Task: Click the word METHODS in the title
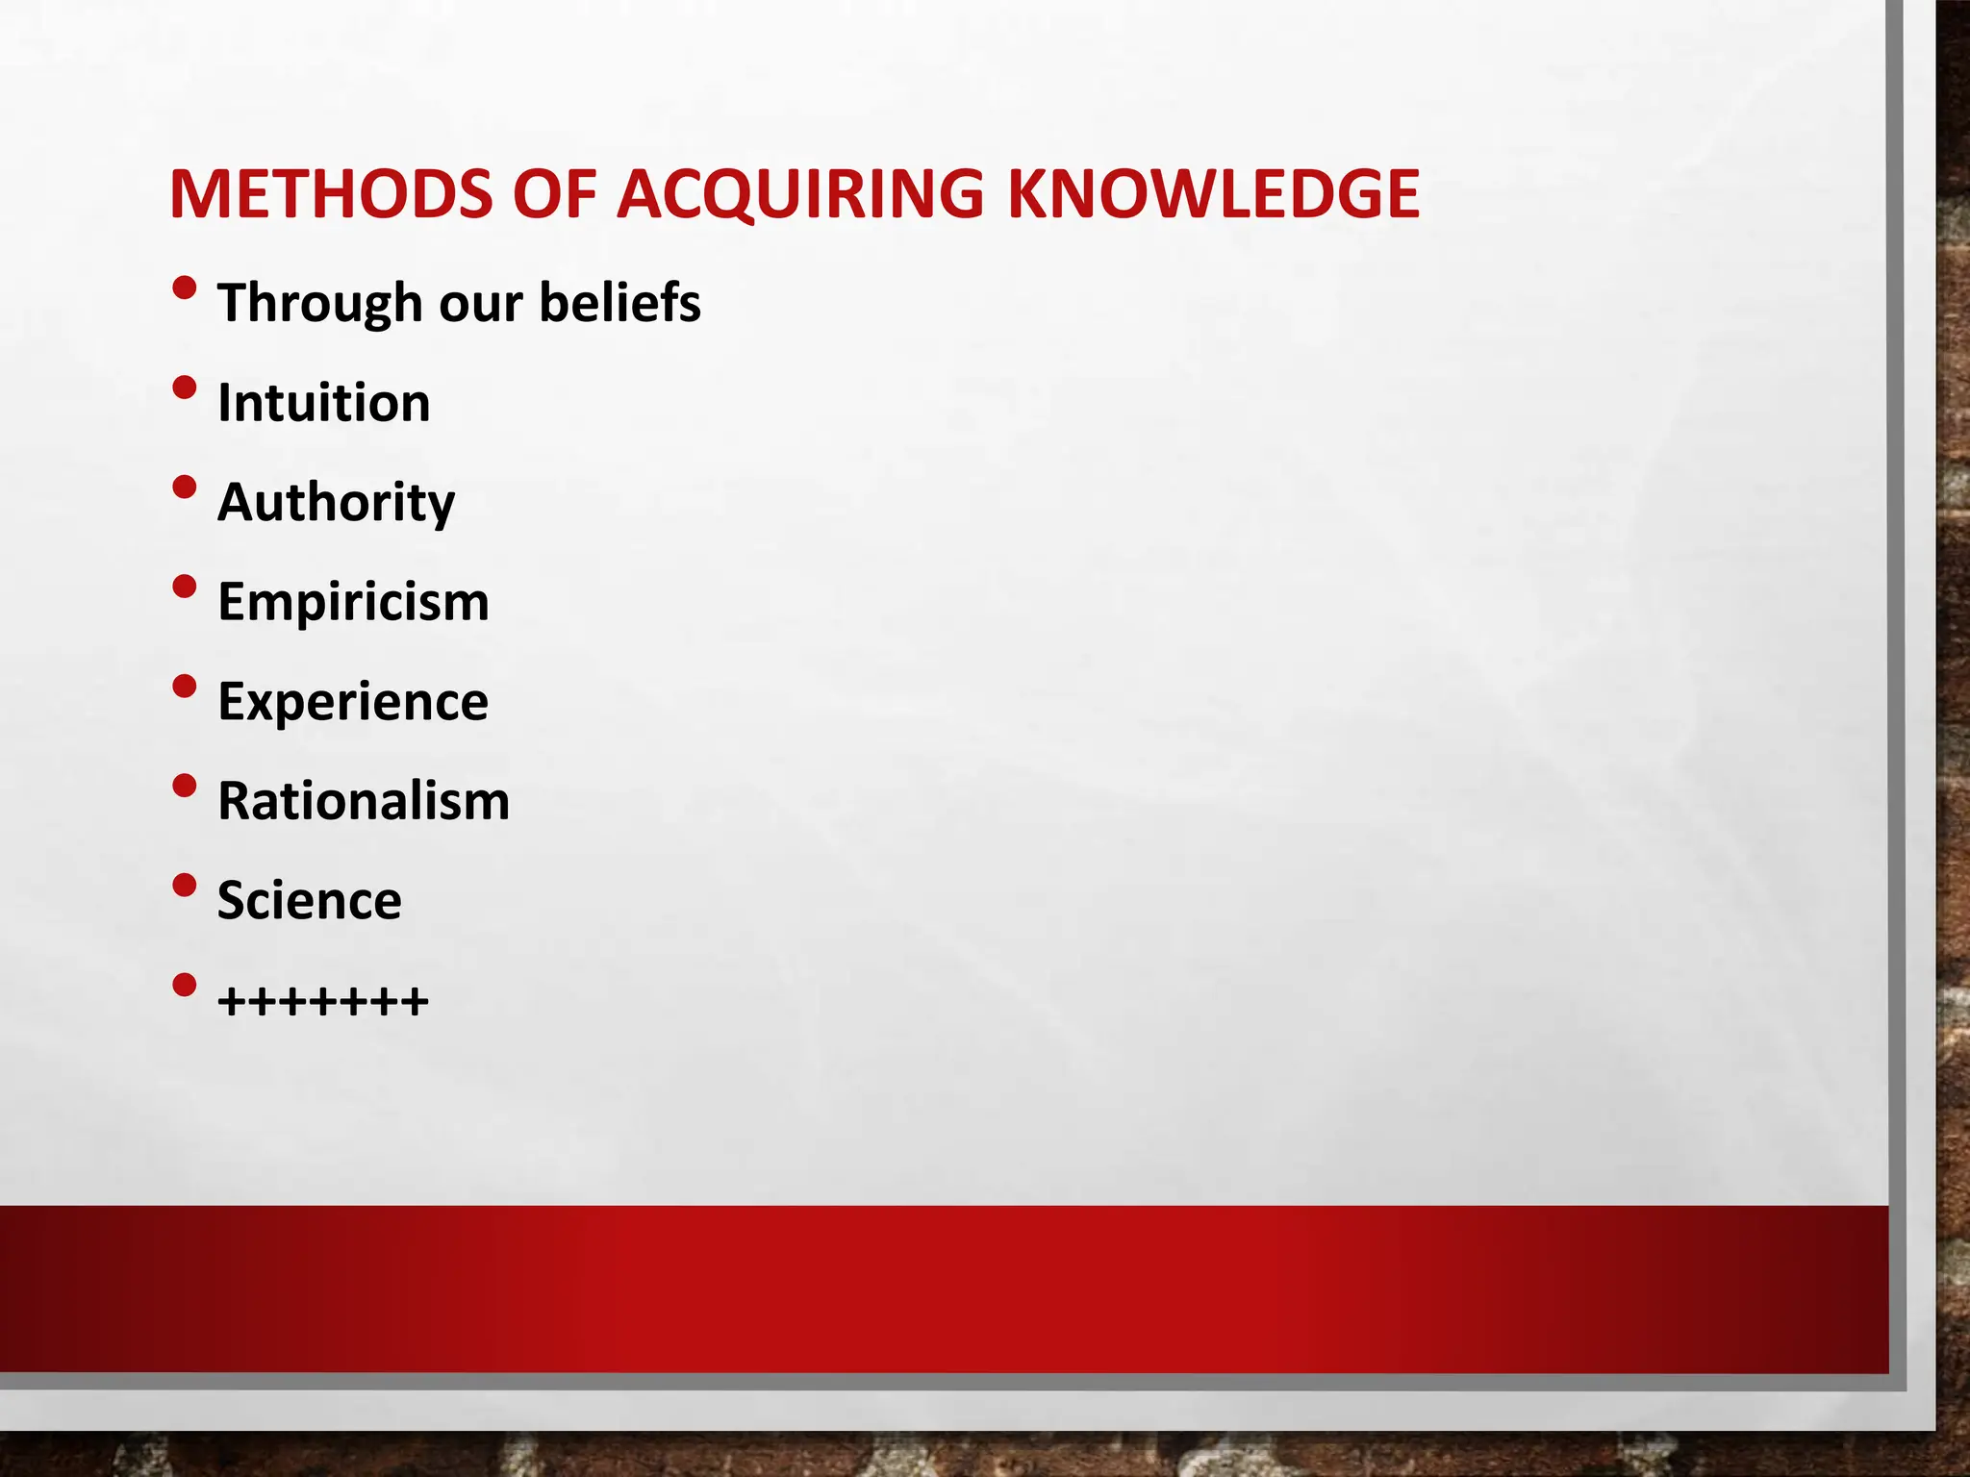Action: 330,194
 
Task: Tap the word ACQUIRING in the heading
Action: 800,194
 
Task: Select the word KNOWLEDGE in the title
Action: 1213,194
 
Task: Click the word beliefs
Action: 619,304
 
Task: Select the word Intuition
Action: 323,403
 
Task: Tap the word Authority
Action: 336,503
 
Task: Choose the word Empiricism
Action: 353,602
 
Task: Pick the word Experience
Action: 353,702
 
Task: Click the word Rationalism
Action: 364,801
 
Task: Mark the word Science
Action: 309,901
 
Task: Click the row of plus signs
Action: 323,1002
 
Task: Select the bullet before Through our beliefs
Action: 185,288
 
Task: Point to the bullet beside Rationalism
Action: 185,786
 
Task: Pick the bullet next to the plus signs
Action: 185,985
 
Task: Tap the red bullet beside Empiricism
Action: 185,587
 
